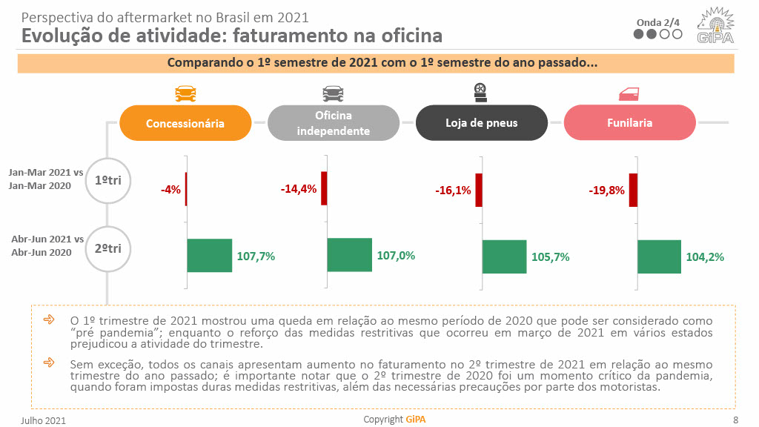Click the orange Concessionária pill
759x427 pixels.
click(185, 123)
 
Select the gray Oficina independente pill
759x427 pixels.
click(333, 123)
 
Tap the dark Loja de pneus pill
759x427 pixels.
click(481, 123)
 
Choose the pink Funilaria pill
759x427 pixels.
click(629, 123)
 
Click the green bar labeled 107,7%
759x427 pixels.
click(210, 256)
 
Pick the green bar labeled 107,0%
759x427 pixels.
click(350, 255)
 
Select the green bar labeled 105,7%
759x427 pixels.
click(505, 256)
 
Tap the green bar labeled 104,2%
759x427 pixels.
click(659, 256)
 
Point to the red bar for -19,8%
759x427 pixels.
click(633, 190)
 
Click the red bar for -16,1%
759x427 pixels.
click(479, 190)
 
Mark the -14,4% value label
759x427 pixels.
click(299, 189)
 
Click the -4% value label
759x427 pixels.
click(170, 190)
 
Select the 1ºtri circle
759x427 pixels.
click(108, 180)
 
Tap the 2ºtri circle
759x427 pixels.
click(108, 249)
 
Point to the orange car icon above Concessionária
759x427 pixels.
click(185, 93)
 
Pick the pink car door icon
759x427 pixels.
click(629, 93)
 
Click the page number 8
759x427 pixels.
click(735, 420)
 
